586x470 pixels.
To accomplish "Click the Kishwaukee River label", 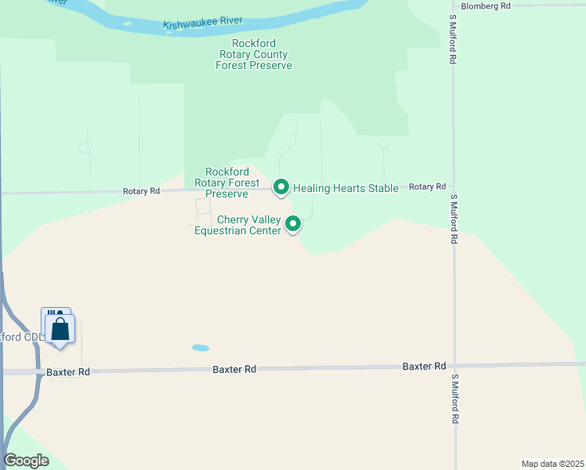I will point(204,23).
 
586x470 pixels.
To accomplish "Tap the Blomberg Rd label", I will point(486,5).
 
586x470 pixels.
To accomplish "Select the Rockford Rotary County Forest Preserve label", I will point(254,55).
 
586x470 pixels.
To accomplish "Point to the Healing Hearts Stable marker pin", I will point(281,187).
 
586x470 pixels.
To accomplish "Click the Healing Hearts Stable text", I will point(345,188).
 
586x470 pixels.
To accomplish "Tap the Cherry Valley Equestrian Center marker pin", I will point(293,224).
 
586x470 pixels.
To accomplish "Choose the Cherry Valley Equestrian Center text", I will point(237,225).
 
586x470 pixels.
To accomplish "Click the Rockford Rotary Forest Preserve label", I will point(226,183).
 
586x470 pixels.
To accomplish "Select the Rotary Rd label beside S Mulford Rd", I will point(427,186).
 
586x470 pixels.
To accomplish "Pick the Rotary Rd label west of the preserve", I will point(141,191).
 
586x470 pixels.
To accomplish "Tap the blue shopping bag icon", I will point(60,330).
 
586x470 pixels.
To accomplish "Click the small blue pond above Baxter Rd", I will point(200,348).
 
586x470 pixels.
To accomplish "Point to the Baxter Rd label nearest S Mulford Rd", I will point(424,366).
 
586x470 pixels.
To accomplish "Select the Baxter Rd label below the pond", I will point(234,368).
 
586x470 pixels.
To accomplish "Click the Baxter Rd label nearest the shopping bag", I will point(68,372).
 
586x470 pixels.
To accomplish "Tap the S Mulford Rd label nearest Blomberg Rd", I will point(453,38).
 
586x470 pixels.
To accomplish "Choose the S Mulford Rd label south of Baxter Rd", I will point(454,399).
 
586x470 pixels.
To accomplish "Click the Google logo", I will point(26,461).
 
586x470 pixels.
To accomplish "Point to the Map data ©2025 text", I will point(552,464).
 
